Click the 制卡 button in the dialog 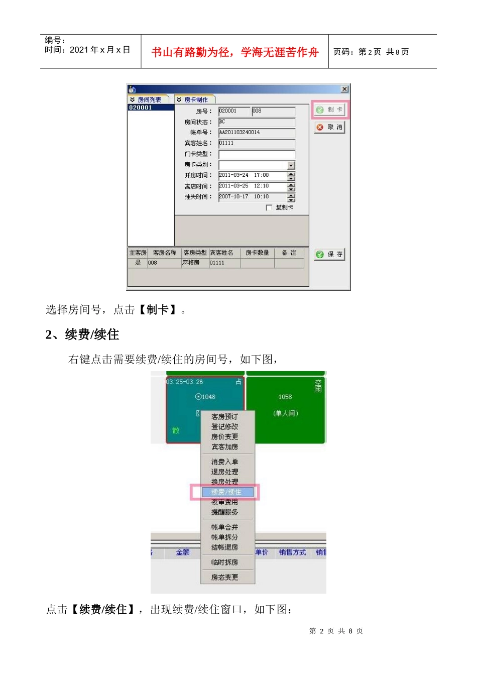coord(330,109)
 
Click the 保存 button coord(330,254)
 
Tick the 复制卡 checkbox coord(269,207)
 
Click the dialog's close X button coord(344,89)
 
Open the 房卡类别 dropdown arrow coord(291,165)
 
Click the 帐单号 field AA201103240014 coord(257,133)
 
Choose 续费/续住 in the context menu coord(226,492)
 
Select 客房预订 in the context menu coord(224,417)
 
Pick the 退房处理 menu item coord(224,472)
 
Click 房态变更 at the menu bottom coord(224,578)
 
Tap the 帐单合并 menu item coord(224,527)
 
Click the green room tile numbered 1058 coord(285,397)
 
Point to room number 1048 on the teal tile coord(206,397)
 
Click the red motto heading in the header coord(235,52)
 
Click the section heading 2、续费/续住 coord(82,334)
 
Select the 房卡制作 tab coord(195,100)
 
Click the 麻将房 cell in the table coord(191,263)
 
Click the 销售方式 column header coord(292,552)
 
